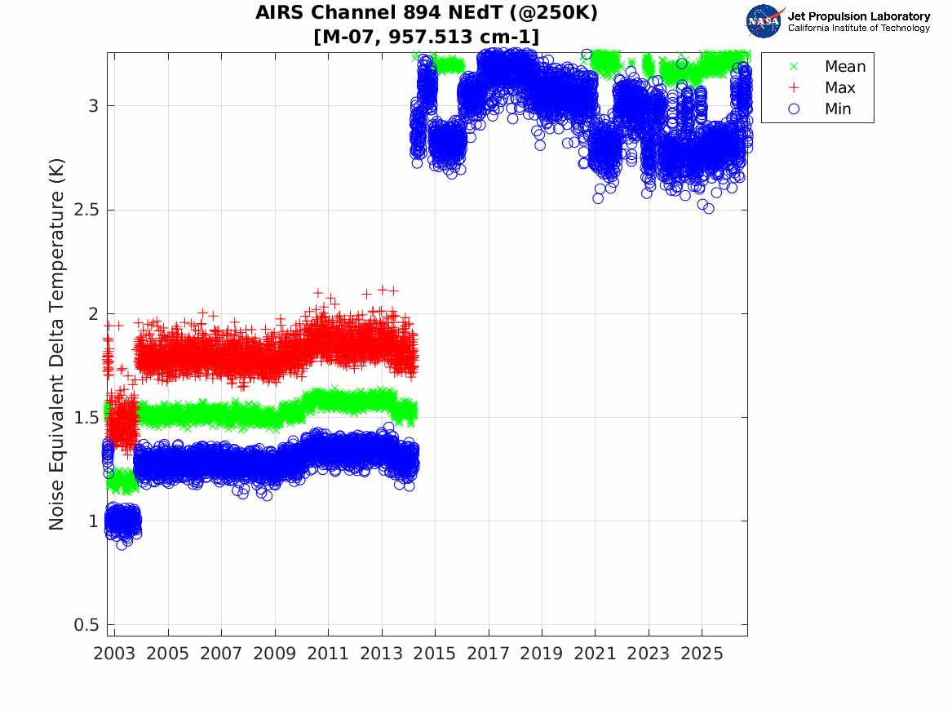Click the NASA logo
pyautogui.click(x=765, y=21)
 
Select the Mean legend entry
pyautogui.click(x=829, y=66)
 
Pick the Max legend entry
pyautogui.click(x=823, y=87)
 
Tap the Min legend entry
pyautogui.click(x=821, y=109)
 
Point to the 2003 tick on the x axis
pyautogui.click(x=114, y=654)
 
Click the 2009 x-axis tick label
pyautogui.click(x=274, y=654)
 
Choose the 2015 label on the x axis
pyautogui.click(x=435, y=654)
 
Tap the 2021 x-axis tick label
pyautogui.click(x=595, y=654)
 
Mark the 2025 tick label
pyautogui.click(x=702, y=654)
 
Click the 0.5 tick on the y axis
pyautogui.click(x=86, y=625)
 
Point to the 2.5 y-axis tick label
pyautogui.click(x=86, y=210)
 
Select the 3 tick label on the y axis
pyautogui.click(x=93, y=106)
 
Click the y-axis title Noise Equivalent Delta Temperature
pyautogui.click(x=56, y=344)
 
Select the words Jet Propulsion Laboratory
pyautogui.click(x=859, y=16)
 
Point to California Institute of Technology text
pyautogui.click(x=859, y=28)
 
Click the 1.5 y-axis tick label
pyautogui.click(x=86, y=418)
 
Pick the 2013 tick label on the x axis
pyautogui.click(x=381, y=654)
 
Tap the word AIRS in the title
pyautogui.click(x=281, y=12)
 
